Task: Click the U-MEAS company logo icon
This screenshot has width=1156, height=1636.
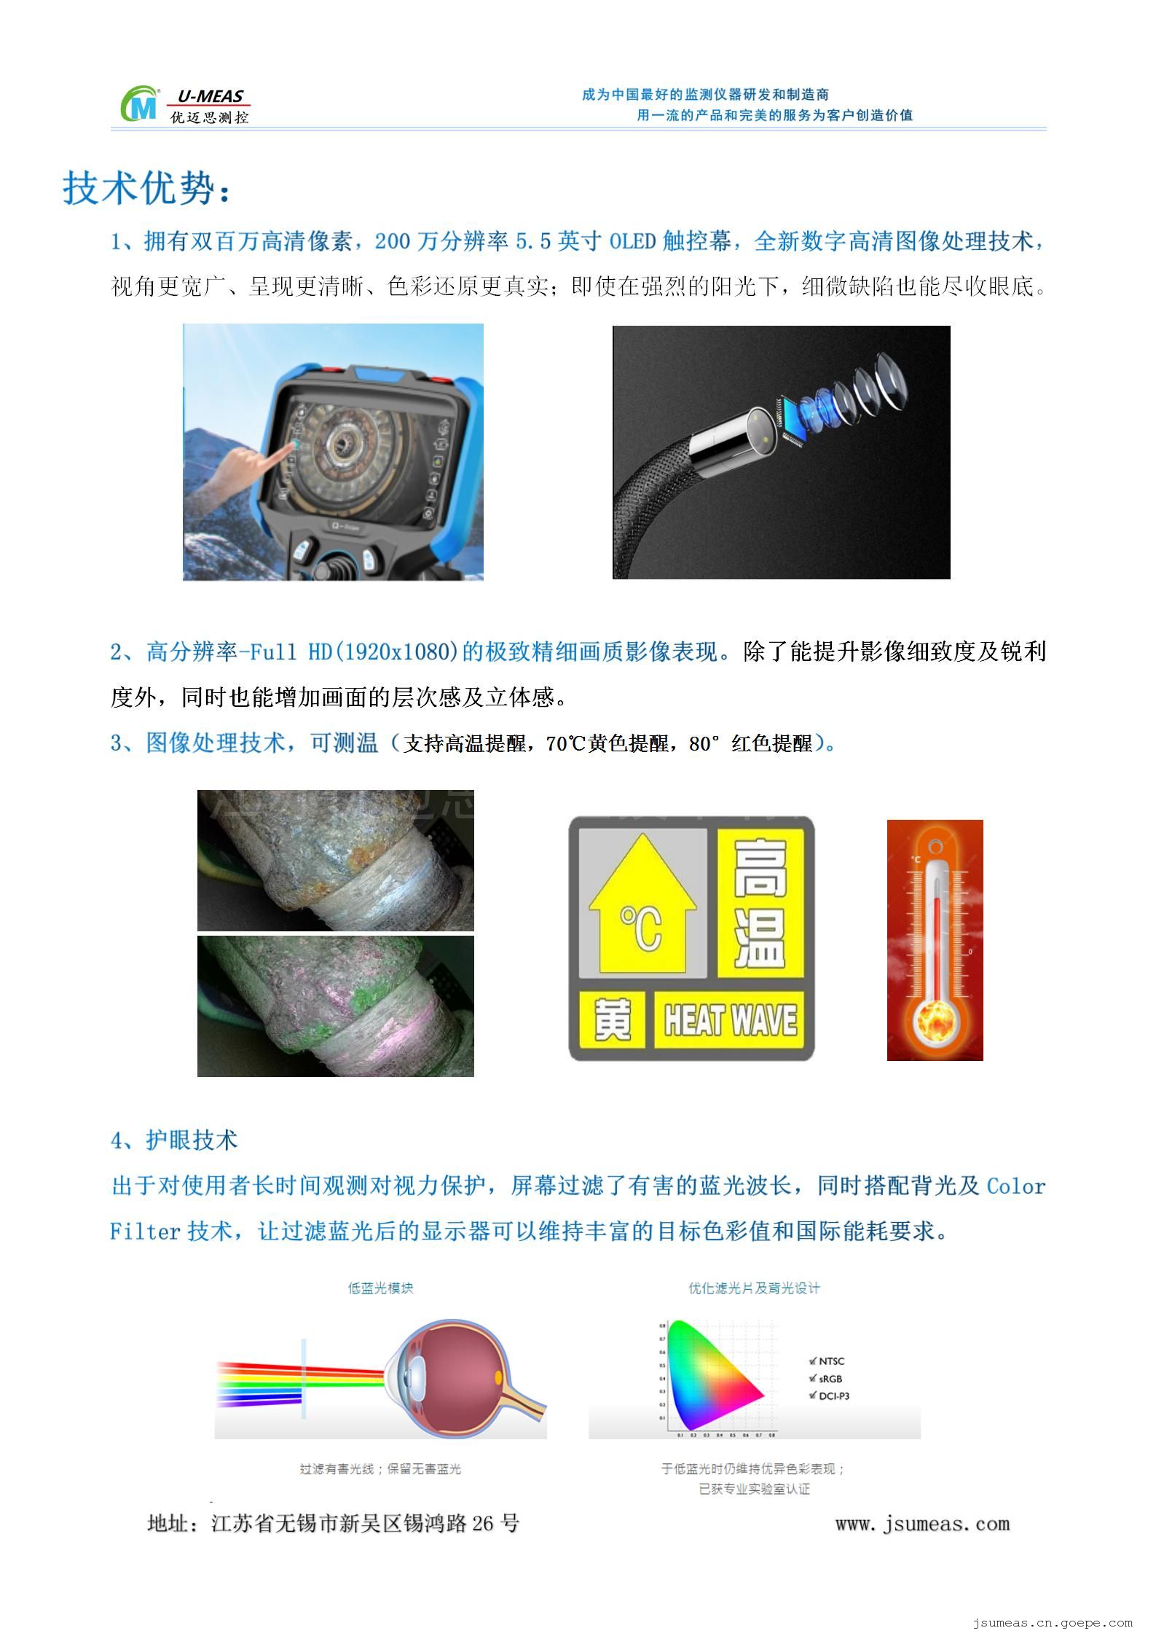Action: [140, 104]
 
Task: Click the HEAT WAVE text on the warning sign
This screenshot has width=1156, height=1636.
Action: [730, 1019]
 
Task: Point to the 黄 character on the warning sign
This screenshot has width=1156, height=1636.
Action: [612, 1019]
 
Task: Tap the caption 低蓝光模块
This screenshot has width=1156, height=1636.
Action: [380, 1288]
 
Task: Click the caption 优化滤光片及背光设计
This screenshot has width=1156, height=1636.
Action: [754, 1288]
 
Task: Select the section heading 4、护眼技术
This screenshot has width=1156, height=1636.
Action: [174, 1140]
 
